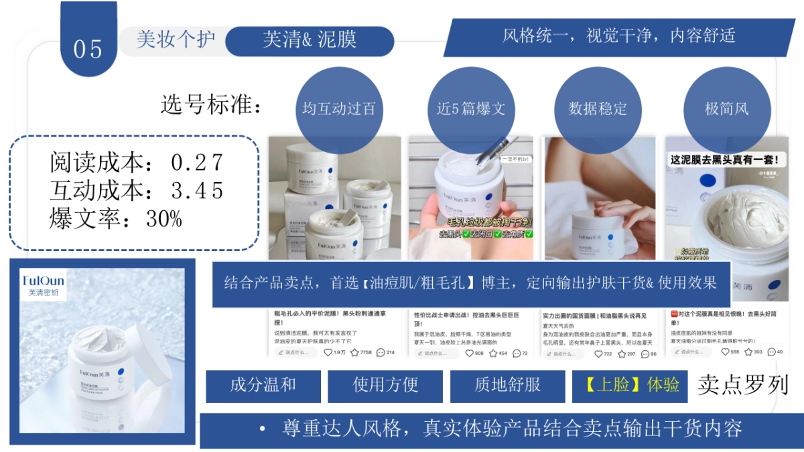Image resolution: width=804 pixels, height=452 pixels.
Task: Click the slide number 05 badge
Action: (x=88, y=48)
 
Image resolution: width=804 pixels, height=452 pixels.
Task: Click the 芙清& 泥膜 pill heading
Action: (x=310, y=41)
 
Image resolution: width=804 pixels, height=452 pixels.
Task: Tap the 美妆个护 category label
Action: (x=176, y=40)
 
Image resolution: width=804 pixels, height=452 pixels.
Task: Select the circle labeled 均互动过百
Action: (x=339, y=109)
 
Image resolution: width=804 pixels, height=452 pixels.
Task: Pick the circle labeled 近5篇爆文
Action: (x=471, y=109)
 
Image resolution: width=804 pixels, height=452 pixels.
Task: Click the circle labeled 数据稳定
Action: (x=598, y=109)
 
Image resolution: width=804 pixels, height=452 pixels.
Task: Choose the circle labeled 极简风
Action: (x=727, y=109)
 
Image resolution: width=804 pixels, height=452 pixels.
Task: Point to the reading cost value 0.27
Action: (x=197, y=163)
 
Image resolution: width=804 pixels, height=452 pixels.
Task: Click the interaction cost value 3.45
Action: (x=197, y=191)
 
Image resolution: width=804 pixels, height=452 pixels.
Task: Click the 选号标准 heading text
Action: (x=211, y=105)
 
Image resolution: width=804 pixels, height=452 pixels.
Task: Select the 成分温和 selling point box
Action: (x=263, y=385)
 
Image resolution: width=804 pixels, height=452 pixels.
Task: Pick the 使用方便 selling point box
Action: (x=385, y=385)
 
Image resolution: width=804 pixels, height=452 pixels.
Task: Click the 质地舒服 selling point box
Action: (x=508, y=385)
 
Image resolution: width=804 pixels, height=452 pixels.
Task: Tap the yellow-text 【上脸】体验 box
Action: (x=630, y=385)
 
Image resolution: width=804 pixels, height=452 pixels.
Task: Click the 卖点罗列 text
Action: (x=742, y=384)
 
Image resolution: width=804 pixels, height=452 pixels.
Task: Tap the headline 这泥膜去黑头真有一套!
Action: (x=725, y=159)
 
